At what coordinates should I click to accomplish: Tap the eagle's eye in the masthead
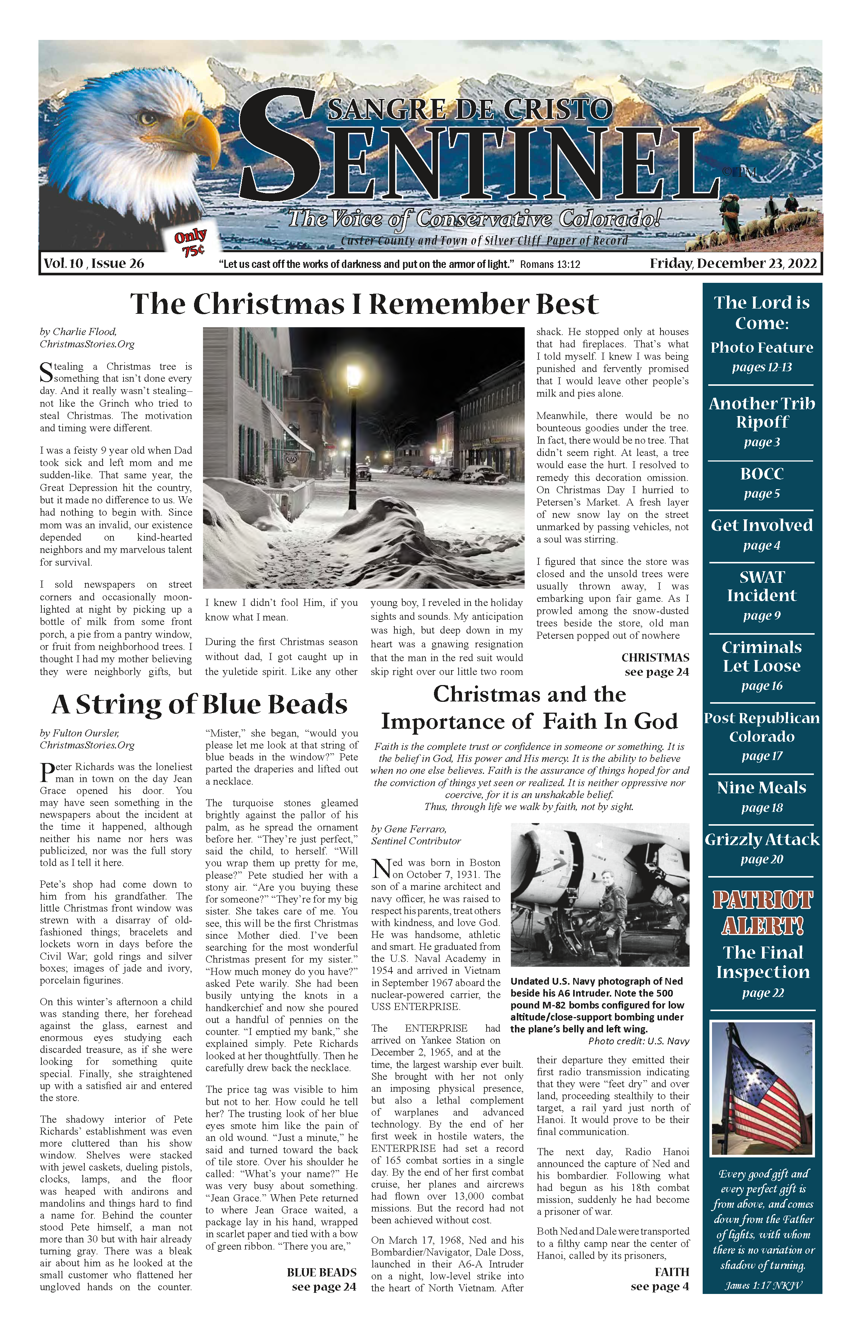pyautogui.click(x=148, y=117)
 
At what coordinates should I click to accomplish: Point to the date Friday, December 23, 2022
pyautogui.click(x=733, y=263)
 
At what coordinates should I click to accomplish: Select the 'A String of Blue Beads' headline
pyautogui.click(x=200, y=704)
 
